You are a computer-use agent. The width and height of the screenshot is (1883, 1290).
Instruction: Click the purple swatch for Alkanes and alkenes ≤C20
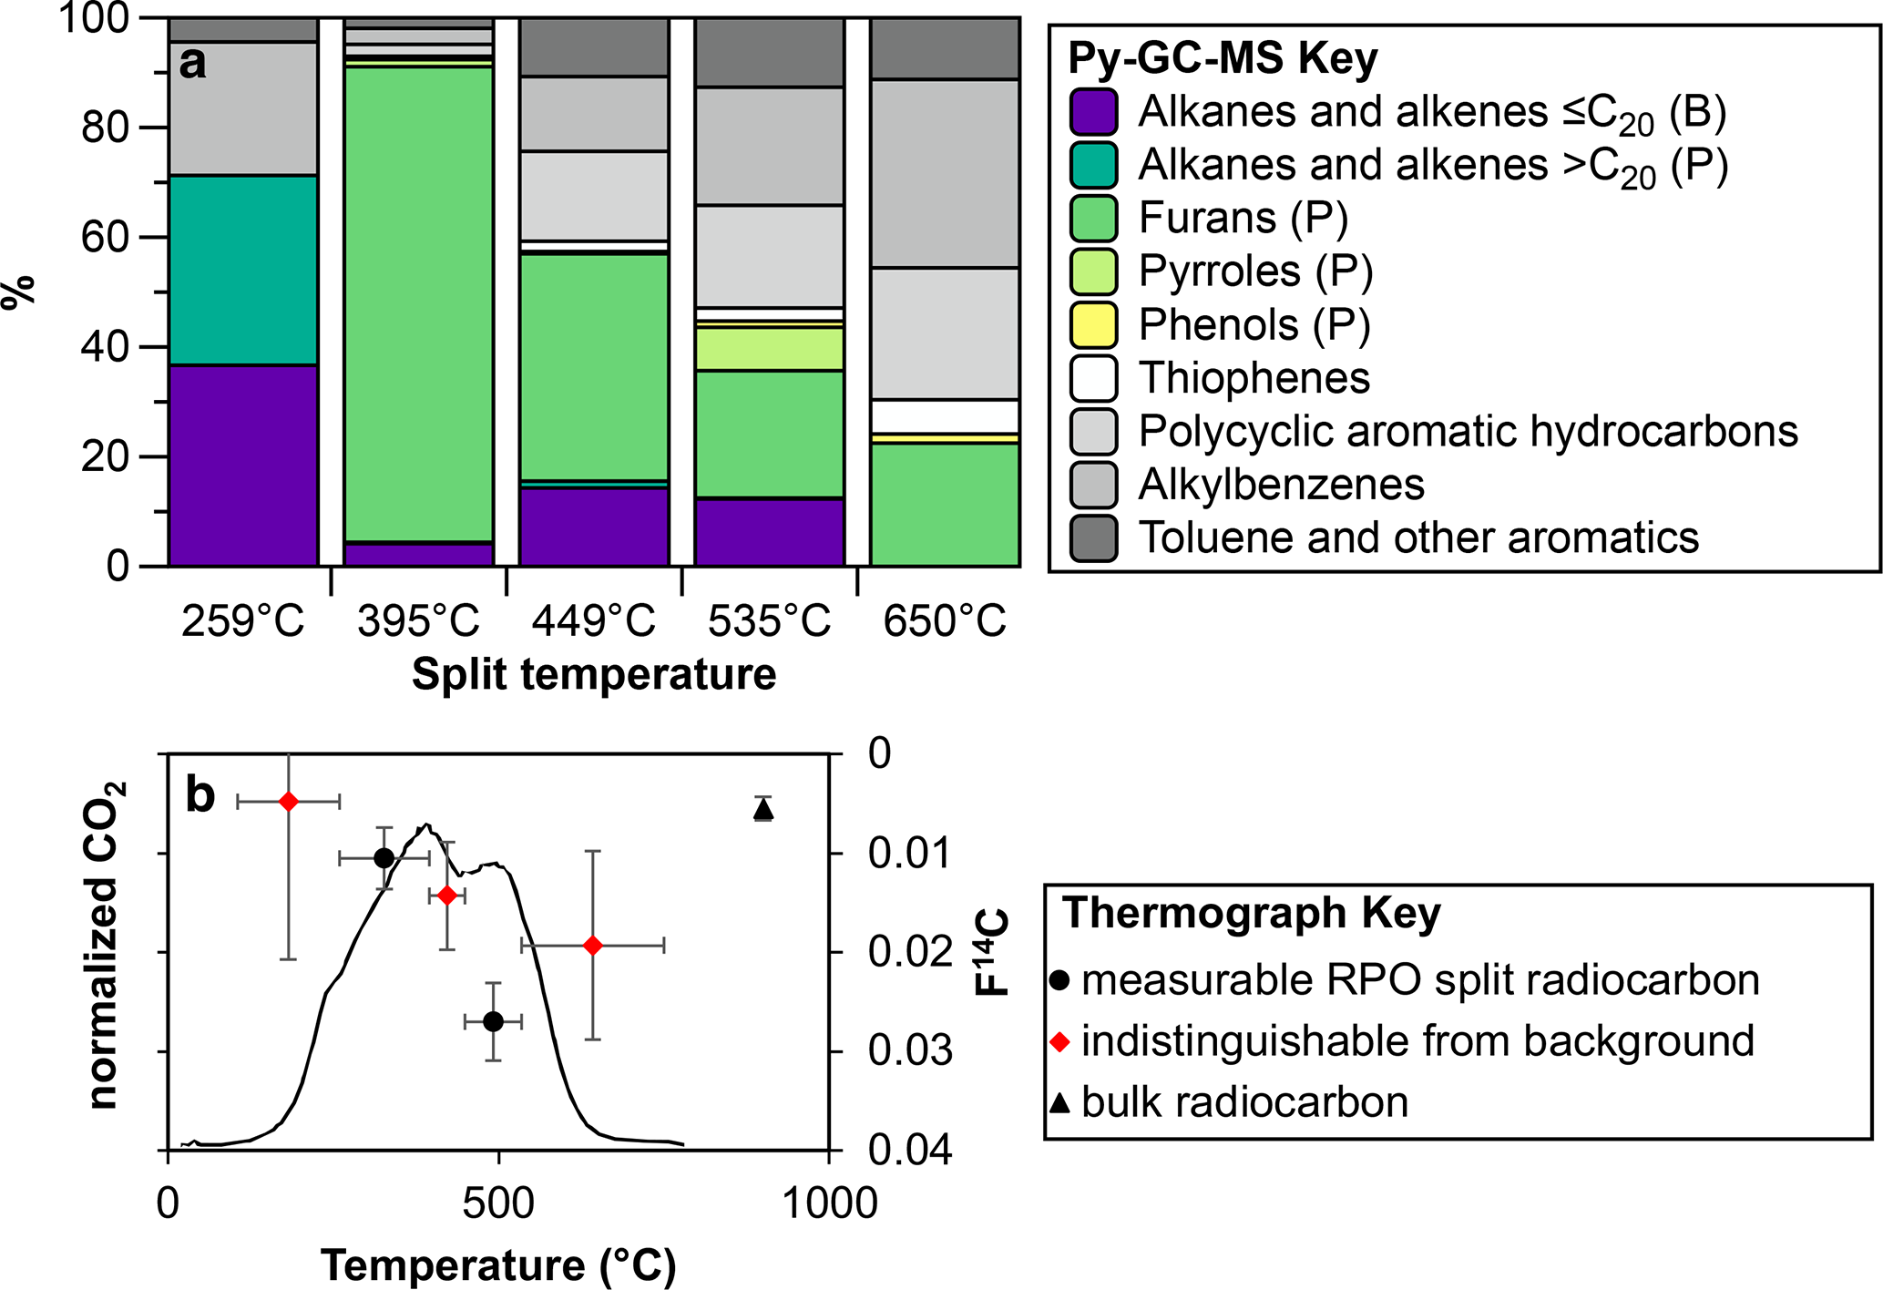1093,112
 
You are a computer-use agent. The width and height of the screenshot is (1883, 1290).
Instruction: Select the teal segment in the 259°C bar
243,270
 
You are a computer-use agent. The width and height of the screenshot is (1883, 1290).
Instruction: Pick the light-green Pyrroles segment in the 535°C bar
770,349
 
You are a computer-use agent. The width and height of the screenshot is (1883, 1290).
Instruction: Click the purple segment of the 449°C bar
594,527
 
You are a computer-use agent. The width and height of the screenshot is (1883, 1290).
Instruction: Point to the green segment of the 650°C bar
945,504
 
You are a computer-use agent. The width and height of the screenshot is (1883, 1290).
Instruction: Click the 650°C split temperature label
945,622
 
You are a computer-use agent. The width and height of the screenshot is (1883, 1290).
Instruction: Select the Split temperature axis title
594,675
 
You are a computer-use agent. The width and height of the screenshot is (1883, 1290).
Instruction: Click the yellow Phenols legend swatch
1093,325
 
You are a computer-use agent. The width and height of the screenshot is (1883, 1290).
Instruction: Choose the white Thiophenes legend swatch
1093,378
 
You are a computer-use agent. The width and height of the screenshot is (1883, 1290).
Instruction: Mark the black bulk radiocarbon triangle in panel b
763,808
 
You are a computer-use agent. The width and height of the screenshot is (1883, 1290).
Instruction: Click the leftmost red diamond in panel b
289,802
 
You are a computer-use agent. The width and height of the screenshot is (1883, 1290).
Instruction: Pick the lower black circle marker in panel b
493,1021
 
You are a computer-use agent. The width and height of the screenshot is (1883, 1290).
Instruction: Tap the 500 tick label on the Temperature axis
498,1203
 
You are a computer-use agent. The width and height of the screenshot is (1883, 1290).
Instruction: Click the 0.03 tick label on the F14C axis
910,1051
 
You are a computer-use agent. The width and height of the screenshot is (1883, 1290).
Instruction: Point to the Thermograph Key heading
1252,913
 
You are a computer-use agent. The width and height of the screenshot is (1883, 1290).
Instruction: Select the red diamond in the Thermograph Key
1059,1041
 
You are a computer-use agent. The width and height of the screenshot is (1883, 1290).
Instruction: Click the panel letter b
200,794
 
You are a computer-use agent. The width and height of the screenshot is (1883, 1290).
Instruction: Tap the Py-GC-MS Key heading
1223,59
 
